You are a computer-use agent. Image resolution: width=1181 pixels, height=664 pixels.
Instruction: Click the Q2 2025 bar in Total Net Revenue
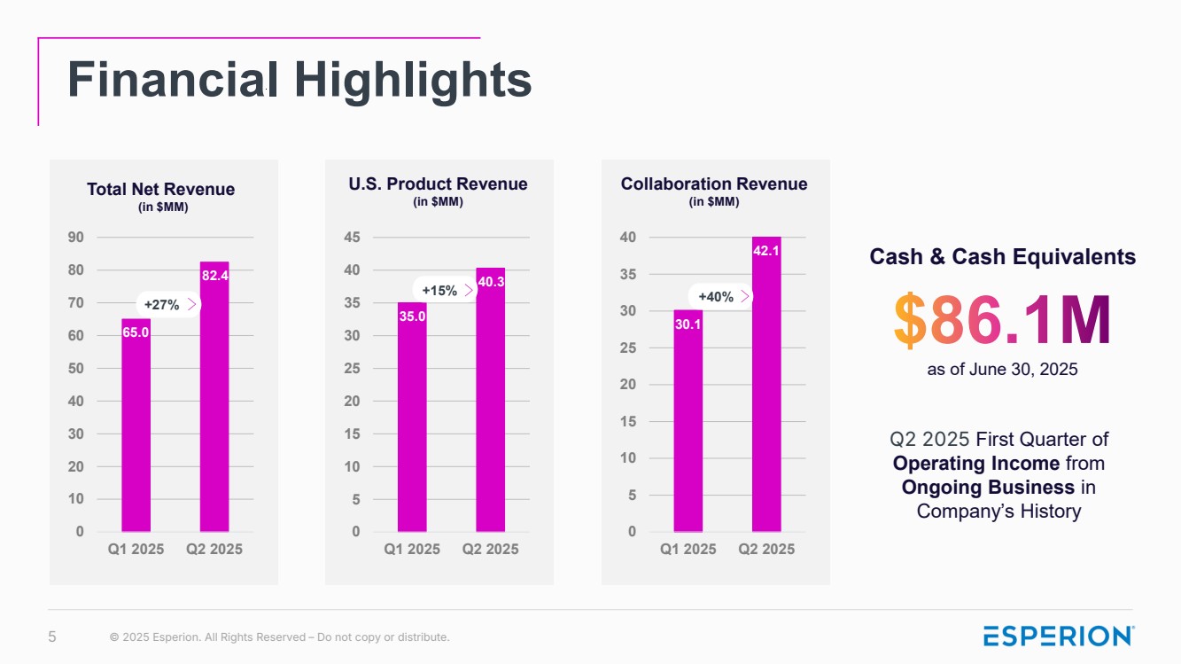[x=214, y=399]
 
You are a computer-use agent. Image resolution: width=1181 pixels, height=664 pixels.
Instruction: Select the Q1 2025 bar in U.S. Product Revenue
[x=412, y=417]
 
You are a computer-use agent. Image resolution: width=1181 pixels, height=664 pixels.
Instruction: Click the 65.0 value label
[x=136, y=332]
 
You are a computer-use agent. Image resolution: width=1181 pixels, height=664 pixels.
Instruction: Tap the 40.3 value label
[x=491, y=282]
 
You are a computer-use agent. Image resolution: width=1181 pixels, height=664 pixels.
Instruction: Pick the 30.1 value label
[x=688, y=324]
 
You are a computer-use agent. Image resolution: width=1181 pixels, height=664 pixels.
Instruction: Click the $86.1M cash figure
[x=1002, y=322]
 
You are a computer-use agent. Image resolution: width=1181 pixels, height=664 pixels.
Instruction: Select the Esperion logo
[x=1059, y=636]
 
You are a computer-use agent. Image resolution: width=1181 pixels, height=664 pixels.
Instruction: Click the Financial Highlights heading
[x=299, y=80]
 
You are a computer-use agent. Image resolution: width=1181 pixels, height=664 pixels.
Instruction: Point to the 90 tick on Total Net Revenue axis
[x=75, y=237]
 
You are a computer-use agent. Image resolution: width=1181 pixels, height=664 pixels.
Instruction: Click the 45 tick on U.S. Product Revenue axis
[x=352, y=237]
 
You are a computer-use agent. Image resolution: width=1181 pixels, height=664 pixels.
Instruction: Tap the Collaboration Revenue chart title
[x=714, y=184]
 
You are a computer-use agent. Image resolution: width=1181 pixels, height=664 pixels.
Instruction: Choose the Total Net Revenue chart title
[x=161, y=189]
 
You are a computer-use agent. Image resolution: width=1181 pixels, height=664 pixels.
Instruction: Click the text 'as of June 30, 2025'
[x=1002, y=369]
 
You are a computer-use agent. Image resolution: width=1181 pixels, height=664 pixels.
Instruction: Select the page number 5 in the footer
[x=51, y=637]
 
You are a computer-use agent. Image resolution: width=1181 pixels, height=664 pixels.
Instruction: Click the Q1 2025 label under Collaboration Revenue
[x=688, y=549]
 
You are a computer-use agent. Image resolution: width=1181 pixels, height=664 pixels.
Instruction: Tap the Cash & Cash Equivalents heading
[x=1002, y=257]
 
